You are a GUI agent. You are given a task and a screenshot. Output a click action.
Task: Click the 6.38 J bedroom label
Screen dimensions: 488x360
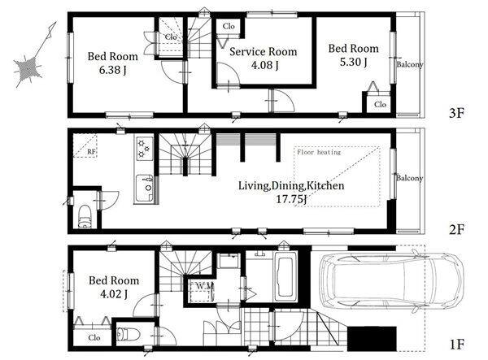coord(113,63)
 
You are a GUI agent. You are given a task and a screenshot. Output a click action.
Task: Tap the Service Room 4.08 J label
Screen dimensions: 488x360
coord(264,59)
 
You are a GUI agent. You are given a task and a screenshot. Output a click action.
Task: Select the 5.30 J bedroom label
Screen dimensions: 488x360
coord(354,55)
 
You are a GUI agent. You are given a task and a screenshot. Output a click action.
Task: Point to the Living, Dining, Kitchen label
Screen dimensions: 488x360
coord(291,193)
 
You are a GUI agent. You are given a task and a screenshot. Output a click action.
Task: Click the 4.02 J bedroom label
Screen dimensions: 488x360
coord(114,287)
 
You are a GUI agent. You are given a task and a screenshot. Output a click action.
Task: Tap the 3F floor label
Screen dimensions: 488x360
coord(456,113)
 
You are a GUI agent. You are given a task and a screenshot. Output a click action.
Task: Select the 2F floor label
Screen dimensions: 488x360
coord(456,229)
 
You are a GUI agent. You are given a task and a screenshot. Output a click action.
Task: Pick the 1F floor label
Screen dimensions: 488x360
coord(456,345)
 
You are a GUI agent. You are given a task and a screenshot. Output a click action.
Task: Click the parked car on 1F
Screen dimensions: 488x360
coord(391,282)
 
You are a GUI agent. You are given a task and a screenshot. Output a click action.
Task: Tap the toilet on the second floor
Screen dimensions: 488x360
coord(84,216)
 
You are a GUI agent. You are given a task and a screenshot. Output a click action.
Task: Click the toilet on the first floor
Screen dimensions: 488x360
coord(129,335)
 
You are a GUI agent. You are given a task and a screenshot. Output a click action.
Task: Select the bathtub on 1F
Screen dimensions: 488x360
coord(285,276)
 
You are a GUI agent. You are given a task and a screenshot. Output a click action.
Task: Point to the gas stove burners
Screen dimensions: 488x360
coord(145,149)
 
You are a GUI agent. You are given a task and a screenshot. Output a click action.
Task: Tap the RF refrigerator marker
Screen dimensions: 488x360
coord(91,152)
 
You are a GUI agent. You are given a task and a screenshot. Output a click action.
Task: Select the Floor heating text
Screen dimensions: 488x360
coord(319,152)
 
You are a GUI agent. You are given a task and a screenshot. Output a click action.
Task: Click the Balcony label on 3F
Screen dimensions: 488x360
coord(410,64)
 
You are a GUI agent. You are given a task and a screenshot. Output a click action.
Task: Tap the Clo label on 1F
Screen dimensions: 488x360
coord(94,337)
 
